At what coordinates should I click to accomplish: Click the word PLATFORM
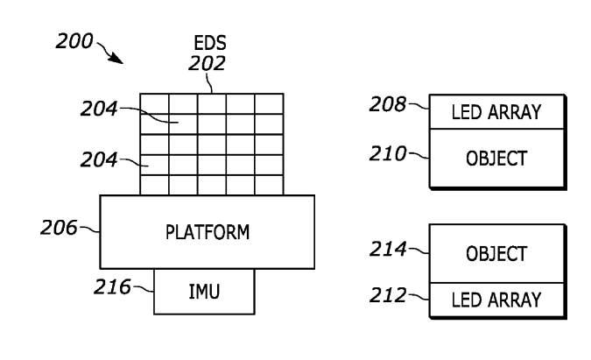point(208,232)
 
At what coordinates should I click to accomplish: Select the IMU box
point(205,291)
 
